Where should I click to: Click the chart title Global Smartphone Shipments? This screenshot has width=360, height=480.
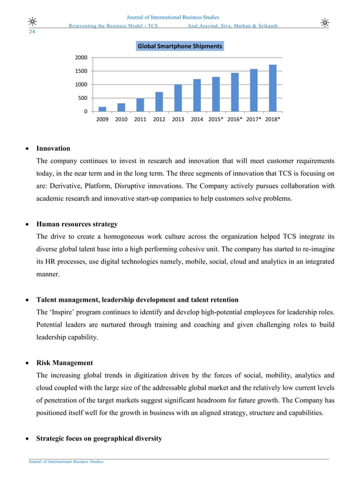tap(180, 46)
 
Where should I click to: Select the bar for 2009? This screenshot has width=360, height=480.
tap(102, 109)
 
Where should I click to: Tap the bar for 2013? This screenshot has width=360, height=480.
tap(178, 98)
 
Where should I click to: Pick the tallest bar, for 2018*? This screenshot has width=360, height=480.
tap(273, 88)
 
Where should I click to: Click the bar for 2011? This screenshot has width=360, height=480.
tap(140, 105)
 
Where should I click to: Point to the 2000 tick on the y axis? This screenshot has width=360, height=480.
tap(81, 58)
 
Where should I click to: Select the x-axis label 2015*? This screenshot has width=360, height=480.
tap(217, 120)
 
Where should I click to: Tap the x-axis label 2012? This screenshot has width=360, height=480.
tap(159, 120)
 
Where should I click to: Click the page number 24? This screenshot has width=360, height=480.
tap(32, 32)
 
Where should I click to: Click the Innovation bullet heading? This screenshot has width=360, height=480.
tap(53, 148)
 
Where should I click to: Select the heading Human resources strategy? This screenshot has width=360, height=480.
tap(77, 224)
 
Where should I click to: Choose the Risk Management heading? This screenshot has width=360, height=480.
tap(64, 363)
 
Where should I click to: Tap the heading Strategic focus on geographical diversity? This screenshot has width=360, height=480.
tap(99, 438)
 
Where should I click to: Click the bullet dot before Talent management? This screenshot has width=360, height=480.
tap(24, 300)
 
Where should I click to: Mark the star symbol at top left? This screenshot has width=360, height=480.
tap(33, 22)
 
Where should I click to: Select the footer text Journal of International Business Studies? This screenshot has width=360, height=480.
tap(66, 462)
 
